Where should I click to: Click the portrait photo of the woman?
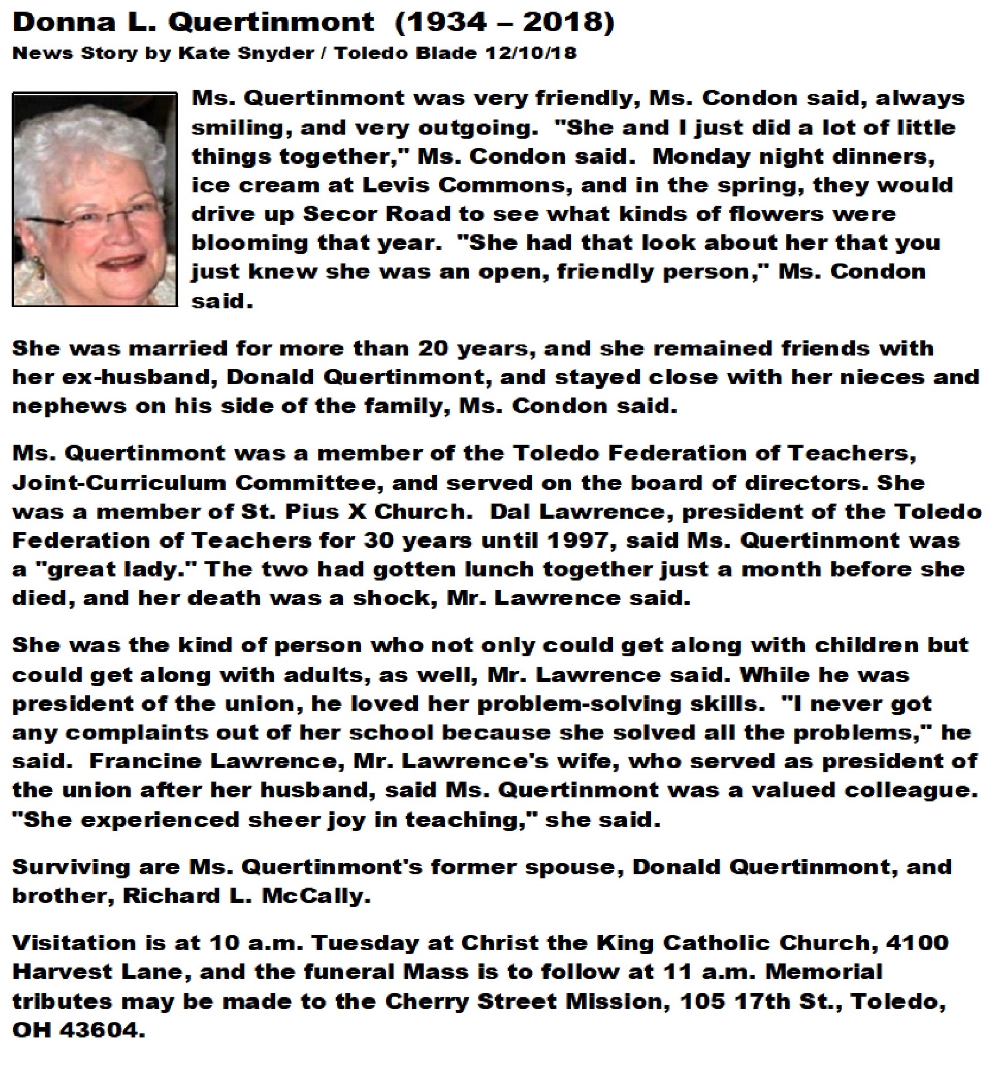click(x=94, y=199)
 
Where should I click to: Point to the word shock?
click(x=390, y=599)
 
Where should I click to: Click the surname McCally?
click(x=316, y=896)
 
